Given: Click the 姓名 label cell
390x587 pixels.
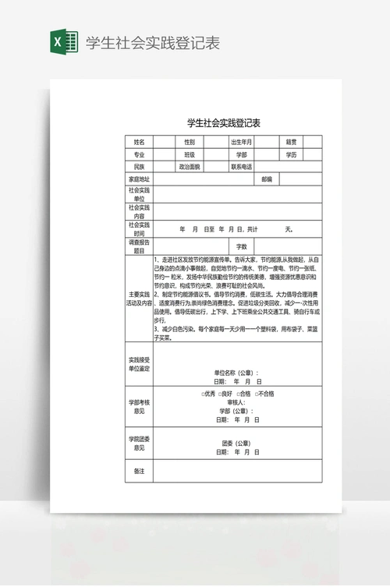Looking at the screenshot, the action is tap(140, 142).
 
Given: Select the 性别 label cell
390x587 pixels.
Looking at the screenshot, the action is tap(189, 142).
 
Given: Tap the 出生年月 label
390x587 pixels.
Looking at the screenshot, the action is tap(240, 142).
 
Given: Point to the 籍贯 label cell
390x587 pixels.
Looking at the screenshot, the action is tap(291, 142).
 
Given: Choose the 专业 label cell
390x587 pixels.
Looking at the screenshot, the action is tap(140, 154).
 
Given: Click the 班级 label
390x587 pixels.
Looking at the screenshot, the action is tap(189, 154).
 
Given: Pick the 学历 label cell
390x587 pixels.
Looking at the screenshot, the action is tap(291, 154).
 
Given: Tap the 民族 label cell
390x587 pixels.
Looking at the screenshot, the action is tap(140, 167).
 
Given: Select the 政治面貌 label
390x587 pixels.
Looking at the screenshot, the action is tap(189, 167).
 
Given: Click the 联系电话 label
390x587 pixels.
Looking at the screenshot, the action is tap(240, 167).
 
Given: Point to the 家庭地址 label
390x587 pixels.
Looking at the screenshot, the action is tap(140, 179).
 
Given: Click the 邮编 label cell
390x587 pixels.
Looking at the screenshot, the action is tap(267, 179).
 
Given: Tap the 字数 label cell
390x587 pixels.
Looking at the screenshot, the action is tap(242, 246).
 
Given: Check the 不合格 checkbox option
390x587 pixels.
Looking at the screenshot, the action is tap(263, 394).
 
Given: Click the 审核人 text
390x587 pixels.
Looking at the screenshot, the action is tap(236, 402).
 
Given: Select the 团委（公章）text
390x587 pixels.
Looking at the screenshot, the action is tap(236, 443).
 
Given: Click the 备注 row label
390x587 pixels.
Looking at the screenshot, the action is tap(140, 472).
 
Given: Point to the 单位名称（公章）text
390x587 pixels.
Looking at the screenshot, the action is tap(236, 373).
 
